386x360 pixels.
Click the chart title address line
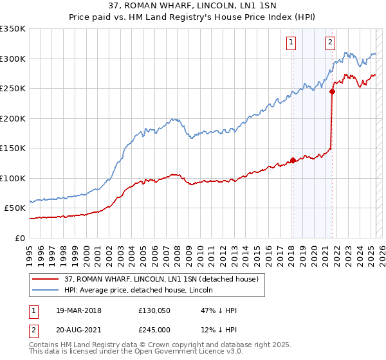(x=192, y=6)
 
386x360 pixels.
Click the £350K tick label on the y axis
(x=13, y=29)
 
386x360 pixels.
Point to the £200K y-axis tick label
(x=13, y=118)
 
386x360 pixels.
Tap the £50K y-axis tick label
(x=15, y=208)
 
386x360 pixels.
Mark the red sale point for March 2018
(x=293, y=160)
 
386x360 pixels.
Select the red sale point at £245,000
(x=332, y=91)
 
